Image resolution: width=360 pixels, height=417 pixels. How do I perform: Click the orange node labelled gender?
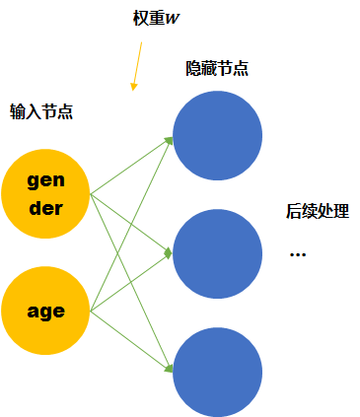pos(46,194)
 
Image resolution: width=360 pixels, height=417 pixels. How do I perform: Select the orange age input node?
pos(46,312)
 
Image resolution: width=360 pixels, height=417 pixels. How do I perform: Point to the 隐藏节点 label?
pos(217,69)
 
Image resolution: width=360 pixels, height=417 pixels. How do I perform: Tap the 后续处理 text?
pos(318,211)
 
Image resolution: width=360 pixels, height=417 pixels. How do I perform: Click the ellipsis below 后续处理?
pos(298,254)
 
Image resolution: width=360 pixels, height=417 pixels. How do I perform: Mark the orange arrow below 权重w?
pos(137,66)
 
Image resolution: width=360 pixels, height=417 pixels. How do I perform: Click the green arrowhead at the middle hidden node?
pos(168,253)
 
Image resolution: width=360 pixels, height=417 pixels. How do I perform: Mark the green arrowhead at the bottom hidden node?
pos(170,369)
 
